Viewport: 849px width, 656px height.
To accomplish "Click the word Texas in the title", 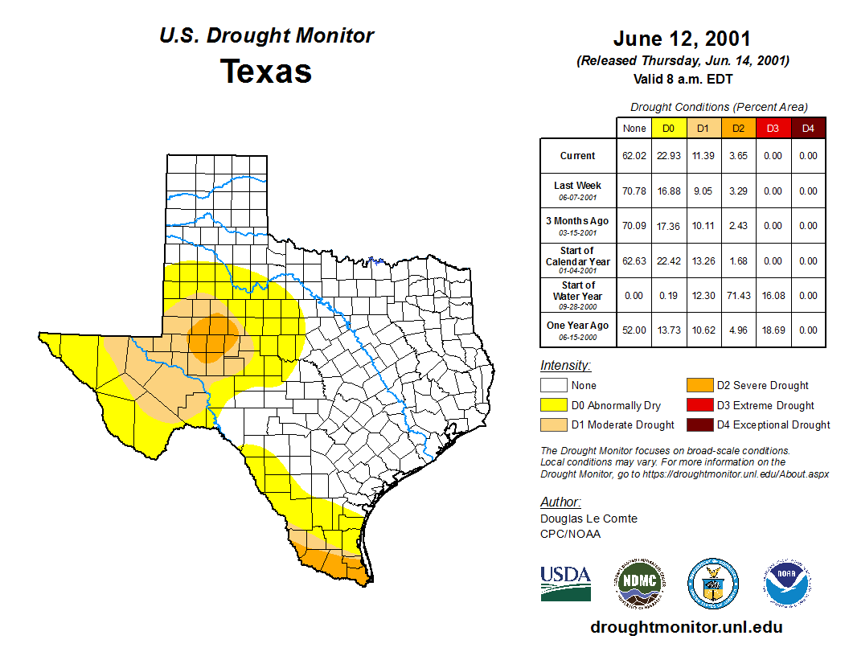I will click(x=266, y=71).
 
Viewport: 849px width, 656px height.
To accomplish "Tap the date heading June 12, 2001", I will click(x=682, y=39).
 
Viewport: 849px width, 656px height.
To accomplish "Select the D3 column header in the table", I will click(x=773, y=128).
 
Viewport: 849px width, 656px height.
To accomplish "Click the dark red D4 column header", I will click(x=808, y=128).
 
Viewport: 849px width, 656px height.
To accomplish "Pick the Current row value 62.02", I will click(x=634, y=156).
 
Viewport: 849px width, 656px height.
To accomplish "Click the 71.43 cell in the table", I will click(x=737, y=296).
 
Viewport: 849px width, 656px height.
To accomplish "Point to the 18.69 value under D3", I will click(x=773, y=330).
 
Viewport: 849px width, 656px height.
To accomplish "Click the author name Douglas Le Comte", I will click(x=589, y=519).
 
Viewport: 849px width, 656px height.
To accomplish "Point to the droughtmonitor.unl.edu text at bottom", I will click(x=686, y=627).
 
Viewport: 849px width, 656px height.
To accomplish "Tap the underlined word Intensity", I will click(x=565, y=366).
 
